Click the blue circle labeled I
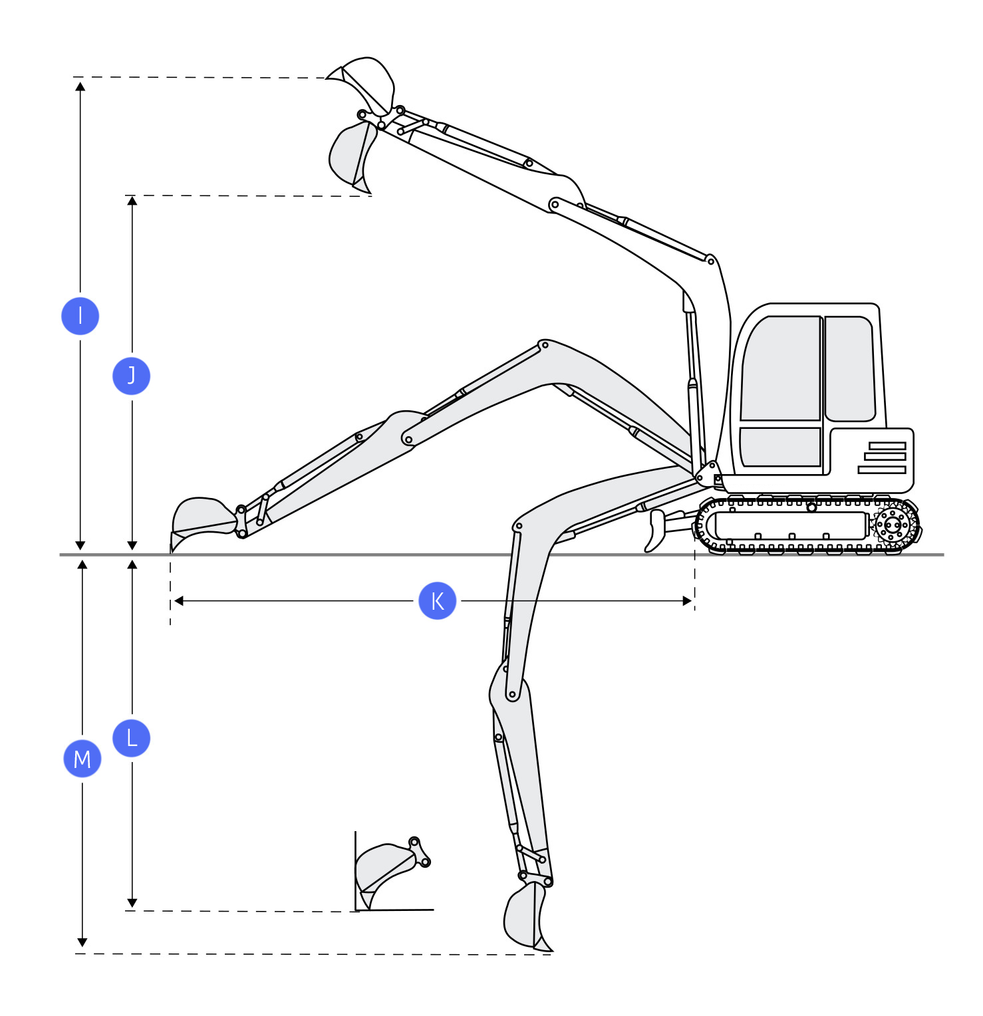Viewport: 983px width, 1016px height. tap(80, 316)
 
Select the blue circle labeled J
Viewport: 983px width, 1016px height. tap(132, 376)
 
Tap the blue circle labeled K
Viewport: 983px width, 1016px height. tap(438, 600)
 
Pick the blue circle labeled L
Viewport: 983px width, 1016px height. tap(132, 737)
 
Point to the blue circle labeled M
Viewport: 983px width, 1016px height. tap(82, 758)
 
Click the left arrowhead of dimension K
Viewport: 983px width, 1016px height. tap(178, 601)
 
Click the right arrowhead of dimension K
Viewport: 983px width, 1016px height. tap(687, 601)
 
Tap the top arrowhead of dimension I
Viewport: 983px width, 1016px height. tap(80, 86)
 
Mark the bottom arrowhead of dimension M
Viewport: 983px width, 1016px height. tap(82, 942)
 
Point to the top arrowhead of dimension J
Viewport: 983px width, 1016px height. tap(132, 200)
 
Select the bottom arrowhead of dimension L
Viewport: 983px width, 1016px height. tap(132, 903)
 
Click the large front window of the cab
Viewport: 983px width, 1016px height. tap(780, 369)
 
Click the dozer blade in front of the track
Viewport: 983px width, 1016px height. tap(656, 531)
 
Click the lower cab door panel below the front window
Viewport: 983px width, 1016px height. tap(780, 447)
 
